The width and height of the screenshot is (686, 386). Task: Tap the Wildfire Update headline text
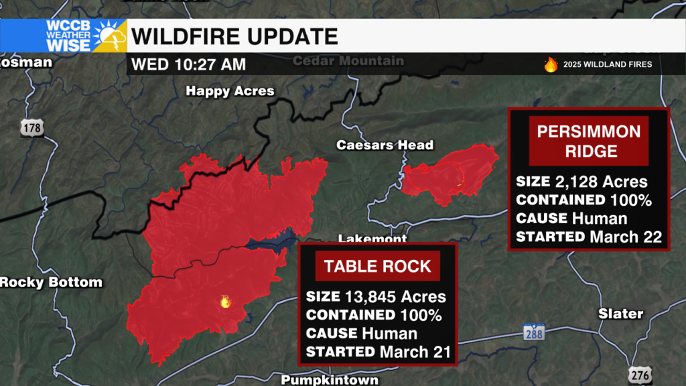click(234, 36)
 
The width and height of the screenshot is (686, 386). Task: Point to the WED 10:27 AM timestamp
click(189, 65)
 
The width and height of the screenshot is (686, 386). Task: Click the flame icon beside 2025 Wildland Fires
click(551, 64)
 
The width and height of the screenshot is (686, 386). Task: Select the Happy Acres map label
click(230, 91)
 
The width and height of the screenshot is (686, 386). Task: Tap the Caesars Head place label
click(385, 145)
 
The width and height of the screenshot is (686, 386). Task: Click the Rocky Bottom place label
click(51, 282)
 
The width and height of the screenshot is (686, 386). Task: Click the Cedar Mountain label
click(348, 61)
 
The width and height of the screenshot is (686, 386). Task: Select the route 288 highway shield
click(534, 332)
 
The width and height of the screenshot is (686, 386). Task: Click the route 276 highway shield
click(640, 375)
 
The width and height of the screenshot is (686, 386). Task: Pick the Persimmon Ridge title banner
click(589, 141)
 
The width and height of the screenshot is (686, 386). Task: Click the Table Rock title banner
click(377, 266)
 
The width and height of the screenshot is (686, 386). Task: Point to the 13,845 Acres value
click(395, 296)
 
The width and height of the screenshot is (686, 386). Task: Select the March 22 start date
click(626, 237)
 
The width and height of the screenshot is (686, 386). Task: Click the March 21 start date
click(415, 351)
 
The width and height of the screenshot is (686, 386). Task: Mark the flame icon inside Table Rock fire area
click(225, 302)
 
